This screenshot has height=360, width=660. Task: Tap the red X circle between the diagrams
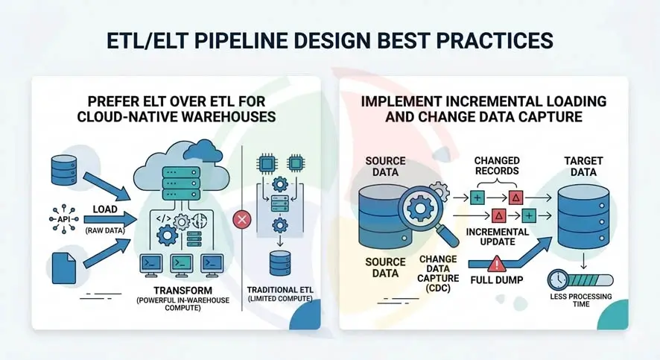tap(241, 220)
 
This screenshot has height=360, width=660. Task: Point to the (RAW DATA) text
tap(106, 231)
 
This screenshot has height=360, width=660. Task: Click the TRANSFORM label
tap(182, 289)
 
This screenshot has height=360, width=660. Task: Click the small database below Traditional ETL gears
tap(280, 263)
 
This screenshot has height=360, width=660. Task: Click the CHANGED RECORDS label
tap(496, 166)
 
